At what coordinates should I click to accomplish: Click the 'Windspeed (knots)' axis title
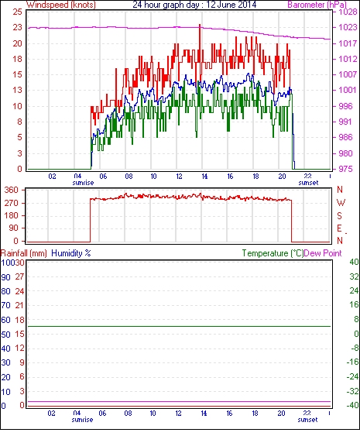pyautogui.click(x=60, y=5)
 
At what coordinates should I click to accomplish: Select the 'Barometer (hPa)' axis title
pyautogui.click(x=317, y=5)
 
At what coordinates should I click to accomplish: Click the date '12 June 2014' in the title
pyautogui.click(x=231, y=5)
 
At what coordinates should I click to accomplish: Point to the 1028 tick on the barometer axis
pyautogui.click(x=348, y=12)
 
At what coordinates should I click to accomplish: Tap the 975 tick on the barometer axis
pyautogui.click(x=345, y=169)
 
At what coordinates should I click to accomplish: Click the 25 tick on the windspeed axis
pyautogui.click(x=18, y=12)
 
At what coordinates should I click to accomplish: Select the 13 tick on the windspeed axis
pyautogui.click(x=18, y=91)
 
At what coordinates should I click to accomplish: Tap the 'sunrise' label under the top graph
pyautogui.click(x=83, y=183)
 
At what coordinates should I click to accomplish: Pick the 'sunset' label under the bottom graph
pyautogui.click(x=307, y=420)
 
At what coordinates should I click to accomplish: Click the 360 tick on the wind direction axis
pyautogui.click(x=12, y=191)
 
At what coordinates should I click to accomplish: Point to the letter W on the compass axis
pyautogui.click(x=341, y=203)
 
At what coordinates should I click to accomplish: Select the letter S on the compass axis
pyautogui.click(x=339, y=215)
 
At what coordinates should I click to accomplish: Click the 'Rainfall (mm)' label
pyautogui.click(x=24, y=253)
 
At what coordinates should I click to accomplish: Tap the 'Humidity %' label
pyautogui.click(x=71, y=253)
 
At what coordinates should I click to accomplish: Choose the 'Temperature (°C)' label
pyautogui.click(x=273, y=253)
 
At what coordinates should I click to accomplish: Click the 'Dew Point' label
pyautogui.click(x=323, y=253)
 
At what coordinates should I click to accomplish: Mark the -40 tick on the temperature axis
pyautogui.click(x=352, y=406)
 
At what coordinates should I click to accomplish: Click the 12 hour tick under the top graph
pyautogui.click(x=179, y=177)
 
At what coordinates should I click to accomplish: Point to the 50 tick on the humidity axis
pyautogui.click(x=6, y=335)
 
